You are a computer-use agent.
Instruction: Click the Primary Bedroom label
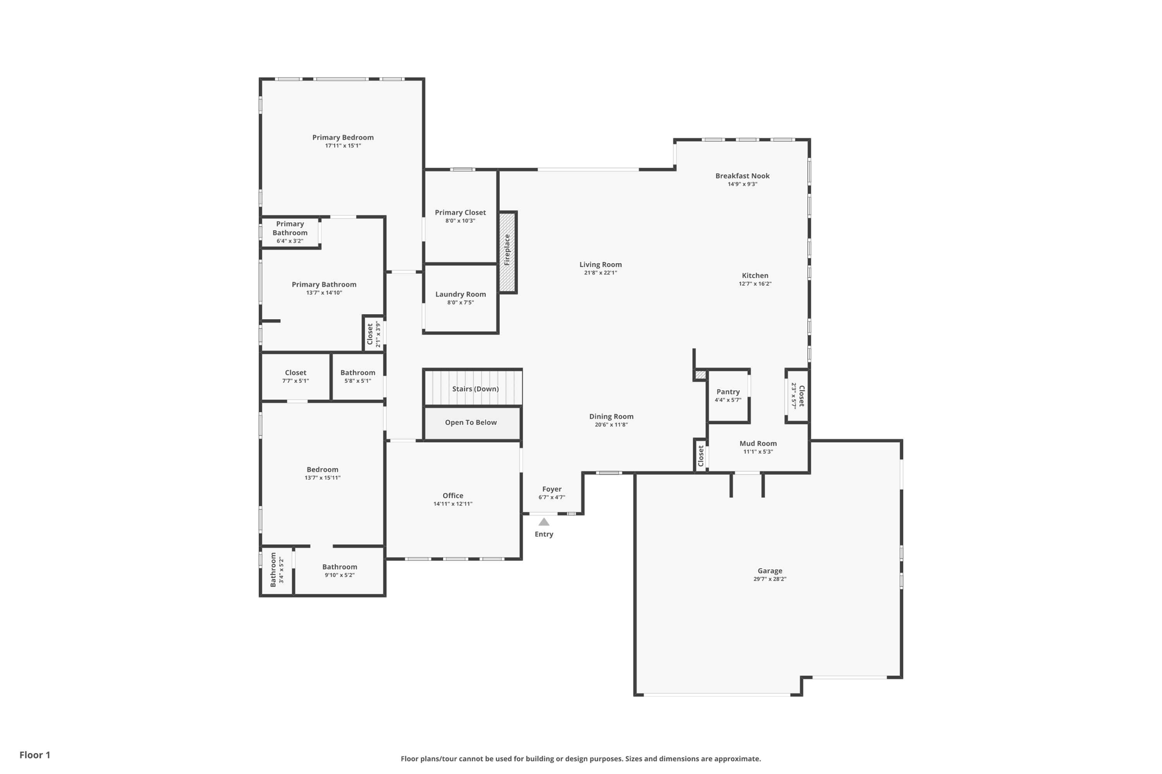[x=343, y=137]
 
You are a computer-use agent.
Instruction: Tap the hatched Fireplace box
[x=507, y=252]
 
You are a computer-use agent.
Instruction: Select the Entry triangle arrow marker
[x=544, y=522]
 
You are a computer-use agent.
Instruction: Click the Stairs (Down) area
[x=473, y=388]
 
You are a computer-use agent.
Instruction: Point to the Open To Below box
[x=472, y=423]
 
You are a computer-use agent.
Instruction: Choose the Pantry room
[x=729, y=396]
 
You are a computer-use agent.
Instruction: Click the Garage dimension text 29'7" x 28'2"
[x=770, y=579]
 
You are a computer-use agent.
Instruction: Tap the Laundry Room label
[x=461, y=294]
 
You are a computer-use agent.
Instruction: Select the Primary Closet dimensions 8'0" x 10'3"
[x=460, y=221]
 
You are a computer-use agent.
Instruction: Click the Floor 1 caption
[x=35, y=755]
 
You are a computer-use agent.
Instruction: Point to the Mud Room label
[x=758, y=443]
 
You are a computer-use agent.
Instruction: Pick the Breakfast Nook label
[x=742, y=176]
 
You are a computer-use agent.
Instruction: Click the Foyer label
[x=551, y=489]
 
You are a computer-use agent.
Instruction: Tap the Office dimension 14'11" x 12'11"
[x=453, y=504]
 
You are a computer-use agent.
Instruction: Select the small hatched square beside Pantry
[x=701, y=375]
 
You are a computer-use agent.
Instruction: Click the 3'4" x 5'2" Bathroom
[x=277, y=570]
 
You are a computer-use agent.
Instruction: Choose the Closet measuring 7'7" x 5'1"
[x=296, y=377]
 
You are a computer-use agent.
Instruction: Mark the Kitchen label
[x=755, y=276]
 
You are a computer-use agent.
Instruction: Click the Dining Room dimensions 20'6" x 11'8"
[x=611, y=425]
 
